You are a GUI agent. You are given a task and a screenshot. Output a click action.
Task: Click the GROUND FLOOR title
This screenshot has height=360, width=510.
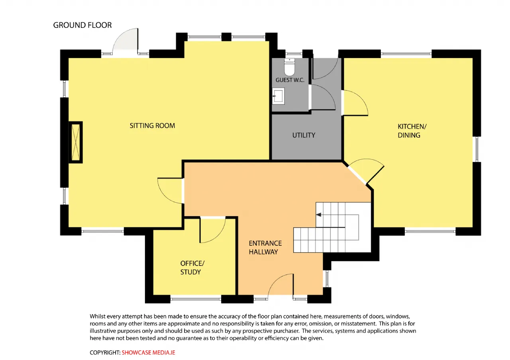[x=82, y=25]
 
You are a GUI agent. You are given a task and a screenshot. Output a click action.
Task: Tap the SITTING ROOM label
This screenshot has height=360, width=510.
[x=152, y=125]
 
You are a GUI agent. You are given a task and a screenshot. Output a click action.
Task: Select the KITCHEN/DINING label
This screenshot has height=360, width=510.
[x=412, y=131]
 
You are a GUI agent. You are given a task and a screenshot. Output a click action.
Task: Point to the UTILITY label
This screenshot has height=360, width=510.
[x=304, y=135]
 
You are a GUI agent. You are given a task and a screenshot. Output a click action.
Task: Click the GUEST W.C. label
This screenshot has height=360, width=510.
[x=290, y=80]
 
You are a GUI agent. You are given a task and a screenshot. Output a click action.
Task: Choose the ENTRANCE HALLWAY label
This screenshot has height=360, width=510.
[x=265, y=248]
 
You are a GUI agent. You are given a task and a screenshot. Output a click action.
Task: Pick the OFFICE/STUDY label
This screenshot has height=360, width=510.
[x=192, y=268]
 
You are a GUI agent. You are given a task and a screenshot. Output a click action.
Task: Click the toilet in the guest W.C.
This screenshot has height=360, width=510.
[x=289, y=67]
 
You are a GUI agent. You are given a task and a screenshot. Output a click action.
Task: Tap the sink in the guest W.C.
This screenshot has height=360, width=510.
[x=278, y=96]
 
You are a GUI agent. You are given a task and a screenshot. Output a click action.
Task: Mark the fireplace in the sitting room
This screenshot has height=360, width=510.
[x=76, y=142]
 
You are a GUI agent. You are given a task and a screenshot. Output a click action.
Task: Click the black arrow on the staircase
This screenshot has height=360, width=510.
[x=319, y=215]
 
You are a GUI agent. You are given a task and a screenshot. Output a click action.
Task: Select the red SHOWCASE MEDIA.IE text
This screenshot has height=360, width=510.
[x=149, y=352]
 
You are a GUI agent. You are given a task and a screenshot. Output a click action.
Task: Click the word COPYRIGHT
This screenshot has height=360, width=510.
[x=105, y=352]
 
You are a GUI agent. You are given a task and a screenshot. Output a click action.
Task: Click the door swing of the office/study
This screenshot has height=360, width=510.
[x=213, y=230]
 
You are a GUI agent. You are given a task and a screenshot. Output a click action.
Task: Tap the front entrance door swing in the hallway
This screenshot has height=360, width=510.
[x=280, y=285]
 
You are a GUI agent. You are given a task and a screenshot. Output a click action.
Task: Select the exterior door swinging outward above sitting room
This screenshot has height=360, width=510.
[x=125, y=41]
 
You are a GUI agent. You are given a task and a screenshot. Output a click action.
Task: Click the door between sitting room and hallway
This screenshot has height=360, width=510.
[x=170, y=191]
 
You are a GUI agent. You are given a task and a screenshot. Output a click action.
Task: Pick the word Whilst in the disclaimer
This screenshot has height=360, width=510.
[x=98, y=316]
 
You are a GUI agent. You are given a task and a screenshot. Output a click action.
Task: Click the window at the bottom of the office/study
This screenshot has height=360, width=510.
[x=196, y=299]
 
